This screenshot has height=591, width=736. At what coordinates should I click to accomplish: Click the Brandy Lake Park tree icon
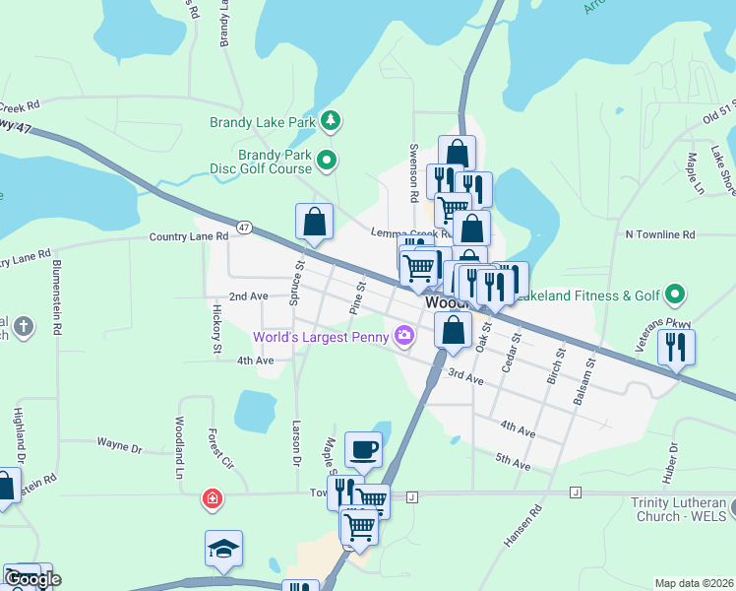tap(333, 122)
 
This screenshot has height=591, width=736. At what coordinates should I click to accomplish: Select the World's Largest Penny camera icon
tap(403, 337)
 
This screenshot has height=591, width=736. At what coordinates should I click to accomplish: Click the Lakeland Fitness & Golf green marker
tap(674, 295)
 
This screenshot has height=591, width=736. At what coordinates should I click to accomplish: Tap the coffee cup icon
tap(363, 449)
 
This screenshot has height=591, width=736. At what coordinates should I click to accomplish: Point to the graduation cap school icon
tap(223, 548)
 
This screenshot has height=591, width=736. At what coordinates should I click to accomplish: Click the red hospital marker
tap(211, 499)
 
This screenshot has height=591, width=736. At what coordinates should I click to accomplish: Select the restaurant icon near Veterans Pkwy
tap(676, 346)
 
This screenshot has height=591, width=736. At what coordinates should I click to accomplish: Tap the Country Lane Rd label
tap(189, 236)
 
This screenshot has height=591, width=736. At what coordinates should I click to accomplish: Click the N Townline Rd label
tap(660, 234)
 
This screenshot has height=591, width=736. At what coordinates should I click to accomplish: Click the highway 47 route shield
tap(244, 227)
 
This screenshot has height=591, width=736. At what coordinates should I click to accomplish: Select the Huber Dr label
tap(674, 462)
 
